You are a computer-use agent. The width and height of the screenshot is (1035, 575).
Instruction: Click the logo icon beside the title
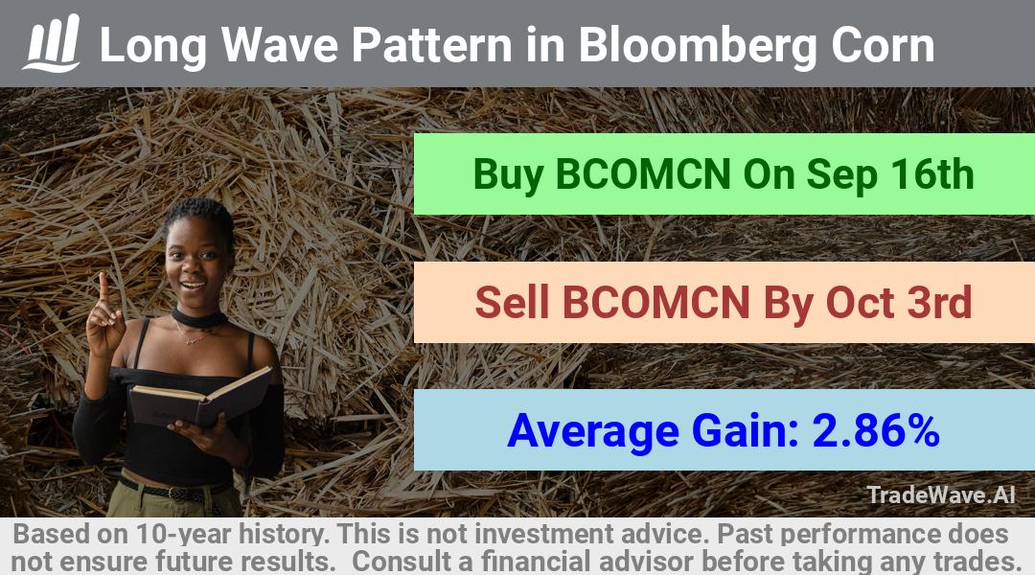(x=53, y=43)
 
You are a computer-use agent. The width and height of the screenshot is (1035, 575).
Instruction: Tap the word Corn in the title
(x=883, y=45)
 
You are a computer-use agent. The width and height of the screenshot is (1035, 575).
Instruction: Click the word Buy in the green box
(x=508, y=175)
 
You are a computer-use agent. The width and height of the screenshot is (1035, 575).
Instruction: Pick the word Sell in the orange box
(x=512, y=302)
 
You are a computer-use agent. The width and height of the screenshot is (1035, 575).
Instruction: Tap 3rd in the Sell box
(x=939, y=302)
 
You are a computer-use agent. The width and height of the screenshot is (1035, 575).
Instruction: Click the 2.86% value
(x=876, y=430)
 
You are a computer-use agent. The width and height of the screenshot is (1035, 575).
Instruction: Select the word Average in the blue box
(x=593, y=432)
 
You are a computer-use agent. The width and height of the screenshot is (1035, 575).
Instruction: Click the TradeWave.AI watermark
(x=941, y=494)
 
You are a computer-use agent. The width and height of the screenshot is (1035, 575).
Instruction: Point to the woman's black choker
(x=198, y=319)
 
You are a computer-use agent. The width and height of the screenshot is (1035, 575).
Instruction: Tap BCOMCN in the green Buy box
(x=643, y=174)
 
